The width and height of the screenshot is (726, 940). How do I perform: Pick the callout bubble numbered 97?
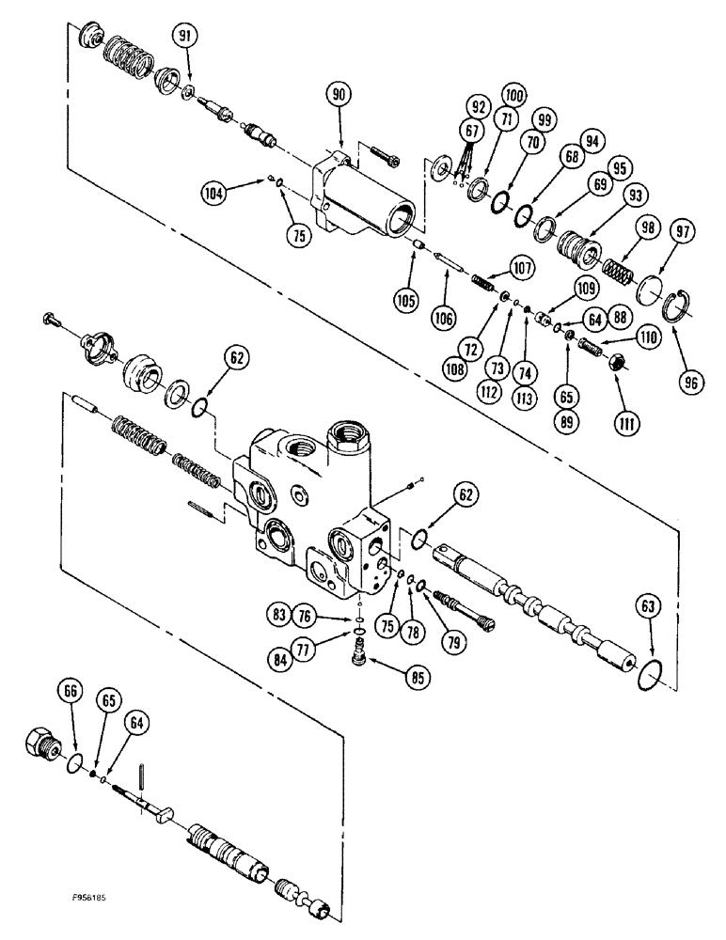[x=683, y=232]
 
